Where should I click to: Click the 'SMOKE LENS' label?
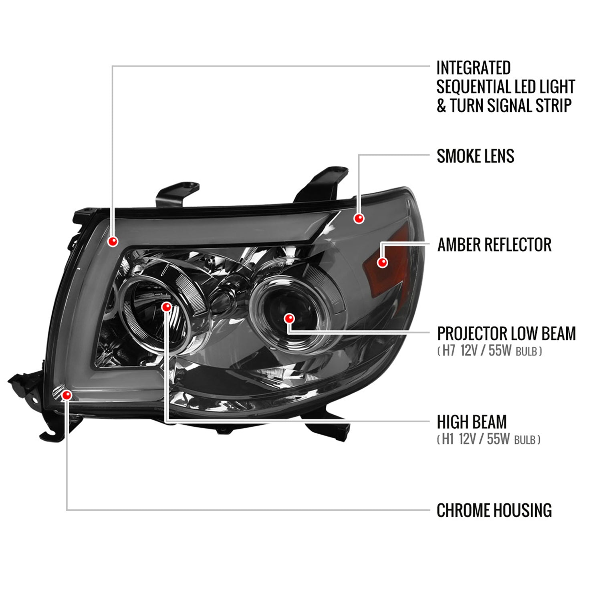tap(475, 156)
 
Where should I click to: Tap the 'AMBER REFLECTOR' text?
tap(494, 245)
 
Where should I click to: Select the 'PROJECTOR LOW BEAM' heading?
tap(506, 333)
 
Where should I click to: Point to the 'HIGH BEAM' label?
tap(472, 422)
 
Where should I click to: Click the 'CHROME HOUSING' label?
tap(494, 510)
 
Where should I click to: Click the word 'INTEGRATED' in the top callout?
tap(473, 68)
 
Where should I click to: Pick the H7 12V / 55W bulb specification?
tap(490, 351)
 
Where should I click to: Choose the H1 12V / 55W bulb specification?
tap(488, 440)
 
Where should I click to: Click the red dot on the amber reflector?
tap(383, 262)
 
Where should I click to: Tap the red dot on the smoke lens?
tap(359, 218)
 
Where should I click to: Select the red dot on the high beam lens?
tap(166, 307)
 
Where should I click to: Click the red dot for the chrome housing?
tap(67, 395)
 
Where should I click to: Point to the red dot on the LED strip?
tap(113, 241)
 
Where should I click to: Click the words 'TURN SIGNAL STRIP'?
tap(510, 106)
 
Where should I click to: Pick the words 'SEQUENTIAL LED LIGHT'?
tap(506, 87)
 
